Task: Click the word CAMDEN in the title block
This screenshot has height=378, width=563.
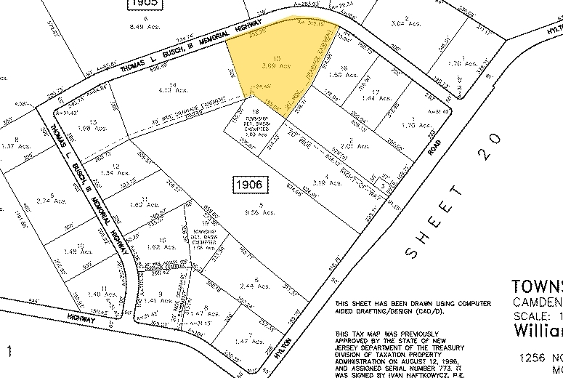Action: [538, 302]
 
